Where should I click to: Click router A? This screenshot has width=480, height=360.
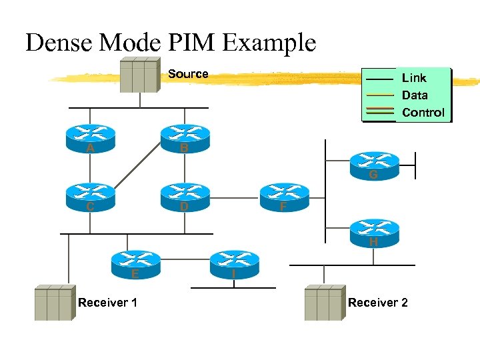point(90,136)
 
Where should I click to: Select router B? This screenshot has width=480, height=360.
point(185,136)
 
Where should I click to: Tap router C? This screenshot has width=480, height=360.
point(90,195)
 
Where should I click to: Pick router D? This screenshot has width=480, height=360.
point(185,195)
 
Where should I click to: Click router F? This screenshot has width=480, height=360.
point(285,195)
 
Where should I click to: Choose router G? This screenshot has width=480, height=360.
point(374,164)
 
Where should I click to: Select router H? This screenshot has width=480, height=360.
point(374,230)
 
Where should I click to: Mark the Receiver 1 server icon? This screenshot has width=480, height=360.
point(54,303)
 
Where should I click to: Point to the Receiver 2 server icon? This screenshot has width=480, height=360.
point(324,303)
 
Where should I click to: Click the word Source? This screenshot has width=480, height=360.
point(188,74)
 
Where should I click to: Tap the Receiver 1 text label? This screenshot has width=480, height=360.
point(108,303)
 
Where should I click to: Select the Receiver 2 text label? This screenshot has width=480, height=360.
point(377,303)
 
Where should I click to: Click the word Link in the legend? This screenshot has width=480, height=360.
point(414,78)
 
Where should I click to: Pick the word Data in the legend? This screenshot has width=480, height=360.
point(415,95)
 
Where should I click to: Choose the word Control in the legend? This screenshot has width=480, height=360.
point(423,113)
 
